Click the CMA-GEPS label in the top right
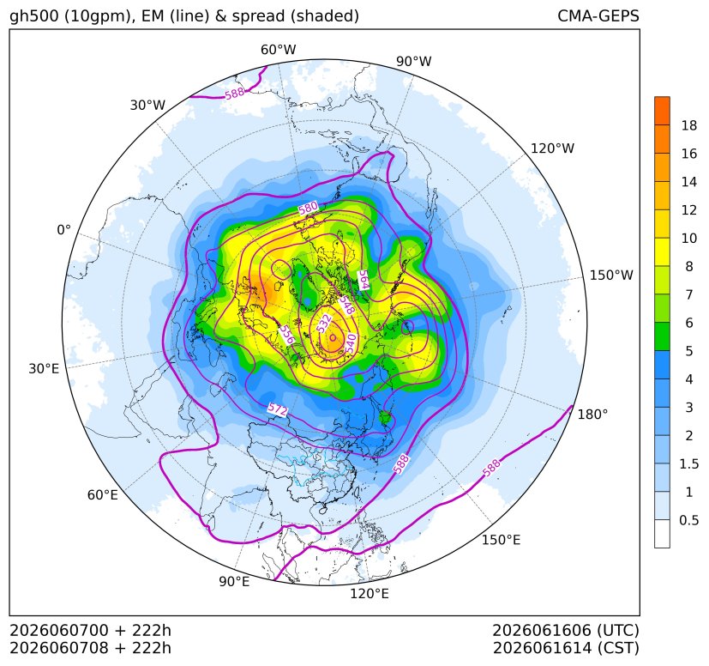tap(598, 15)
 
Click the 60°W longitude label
tap(278, 50)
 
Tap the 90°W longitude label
tap(414, 61)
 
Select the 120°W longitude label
tap(552, 148)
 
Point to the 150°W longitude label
tap(611, 275)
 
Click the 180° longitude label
tap(592, 414)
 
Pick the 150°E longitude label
tap(501, 540)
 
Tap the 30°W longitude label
tap(147, 105)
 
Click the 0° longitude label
tap(63, 230)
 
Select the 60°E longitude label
tap(103, 495)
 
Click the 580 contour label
tap(308, 209)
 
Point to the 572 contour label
tap(278, 409)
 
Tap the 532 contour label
tap(324, 324)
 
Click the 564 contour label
tap(364, 280)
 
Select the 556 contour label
tap(286, 335)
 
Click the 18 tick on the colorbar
tap(689, 125)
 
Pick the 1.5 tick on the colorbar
tap(688, 463)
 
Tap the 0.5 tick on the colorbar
tap(688, 520)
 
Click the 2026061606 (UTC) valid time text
tap(566, 630)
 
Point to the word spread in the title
tap(257, 16)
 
